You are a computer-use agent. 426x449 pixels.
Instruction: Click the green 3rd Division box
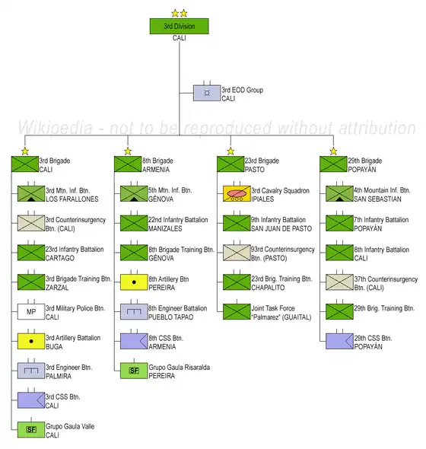pyautogui.click(x=180, y=27)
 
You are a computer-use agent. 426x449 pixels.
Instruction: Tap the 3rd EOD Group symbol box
pyautogui.click(x=207, y=93)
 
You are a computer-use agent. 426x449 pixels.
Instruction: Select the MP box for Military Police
pyautogui.click(x=31, y=311)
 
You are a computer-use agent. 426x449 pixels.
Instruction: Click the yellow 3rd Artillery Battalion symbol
pyautogui.click(x=31, y=341)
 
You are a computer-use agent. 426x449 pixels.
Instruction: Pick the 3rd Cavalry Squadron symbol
pyautogui.click(x=237, y=193)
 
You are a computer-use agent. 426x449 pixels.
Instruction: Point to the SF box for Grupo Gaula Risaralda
pyautogui.click(x=134, y=371)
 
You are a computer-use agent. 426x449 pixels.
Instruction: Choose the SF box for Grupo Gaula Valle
pyautogui.click(x=31, y=429)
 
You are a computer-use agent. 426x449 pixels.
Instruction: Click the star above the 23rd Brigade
pyautogui.click(x=230, y=151)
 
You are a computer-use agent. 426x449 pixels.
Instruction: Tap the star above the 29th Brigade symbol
pyautogui.click(x=333, y=151)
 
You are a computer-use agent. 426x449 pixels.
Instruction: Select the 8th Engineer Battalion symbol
pyautogui.click(x=134, y=311)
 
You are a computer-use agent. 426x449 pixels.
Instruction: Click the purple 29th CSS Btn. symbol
pyautogui.click(x=339, y=341)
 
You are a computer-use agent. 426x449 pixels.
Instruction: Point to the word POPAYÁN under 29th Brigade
pyautogui.click(x=362, y=170)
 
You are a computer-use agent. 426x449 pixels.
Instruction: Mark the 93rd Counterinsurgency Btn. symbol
pyautogui.click(x=237, y=253)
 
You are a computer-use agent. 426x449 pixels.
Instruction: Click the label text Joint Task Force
pyautogui.click(x=273, y=308)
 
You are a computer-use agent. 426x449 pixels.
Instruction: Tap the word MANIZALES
pyautogui.click(x=165, y=228)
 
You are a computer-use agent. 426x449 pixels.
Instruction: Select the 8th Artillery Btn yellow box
pyautogui.click(x=134, y=282)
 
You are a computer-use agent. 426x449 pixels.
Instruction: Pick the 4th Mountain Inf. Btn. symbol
pyautogui.click(x=339, y=193)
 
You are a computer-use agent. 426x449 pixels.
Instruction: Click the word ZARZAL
pyautogui.click(x=57, y=288)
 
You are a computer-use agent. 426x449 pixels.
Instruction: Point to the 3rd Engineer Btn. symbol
pyautogui.click(x=31, y=371)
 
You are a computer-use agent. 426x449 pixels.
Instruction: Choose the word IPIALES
pyautogui.click(x=262, y=199)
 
